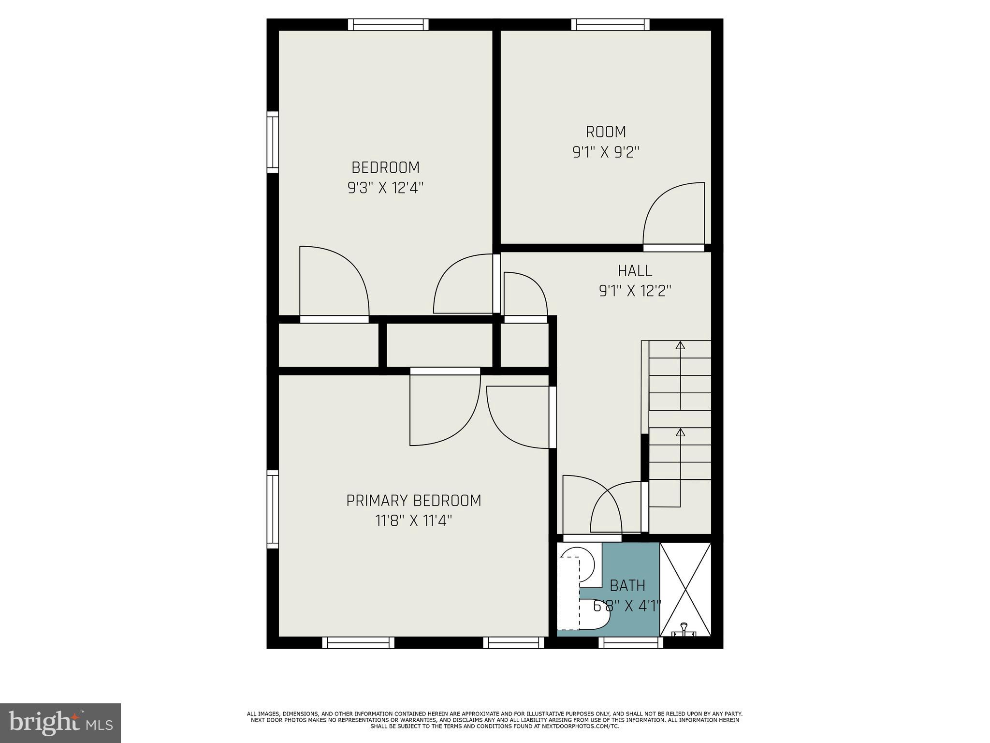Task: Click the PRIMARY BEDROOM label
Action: click(x=414, y=500)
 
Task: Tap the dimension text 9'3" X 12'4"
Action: click(x=385, y=188)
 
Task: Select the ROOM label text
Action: click(x=606, y=132)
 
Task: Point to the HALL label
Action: click(x=635, y=270)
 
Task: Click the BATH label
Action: click(x=627, y=586)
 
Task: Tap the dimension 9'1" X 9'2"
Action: click(x=606, y=152)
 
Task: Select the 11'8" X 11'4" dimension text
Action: click(x=414, y=521)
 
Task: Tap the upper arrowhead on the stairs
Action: click(x=680, y=345)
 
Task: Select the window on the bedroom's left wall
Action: click(x=273, y=142)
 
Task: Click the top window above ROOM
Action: click(x=610, y=24)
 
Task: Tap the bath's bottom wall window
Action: click(x=630, y=642)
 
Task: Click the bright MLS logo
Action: click(x=60, y=723)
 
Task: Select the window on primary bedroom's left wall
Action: click(x=273, y=509)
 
